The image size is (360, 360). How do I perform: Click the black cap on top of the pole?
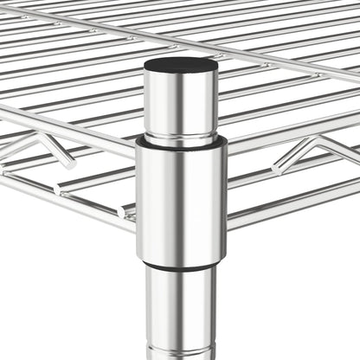tap(180, 66)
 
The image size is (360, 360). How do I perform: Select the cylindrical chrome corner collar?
tap(180, 199)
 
